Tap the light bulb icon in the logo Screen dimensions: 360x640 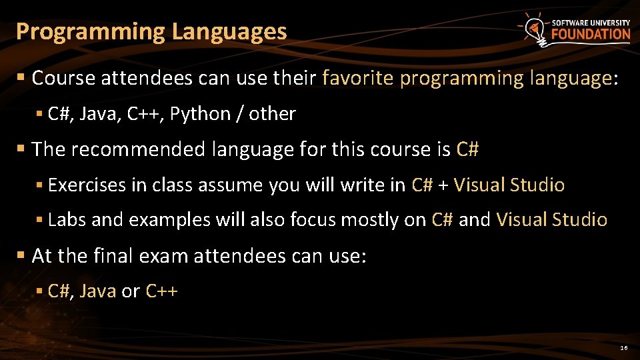coord(533,28)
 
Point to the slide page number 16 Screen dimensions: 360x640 coord(624,349)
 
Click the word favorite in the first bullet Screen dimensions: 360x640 coord(358,79)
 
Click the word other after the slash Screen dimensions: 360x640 coord(272,114)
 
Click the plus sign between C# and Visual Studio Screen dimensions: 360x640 coord(443,185)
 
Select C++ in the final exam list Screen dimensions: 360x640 coord(161,291)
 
